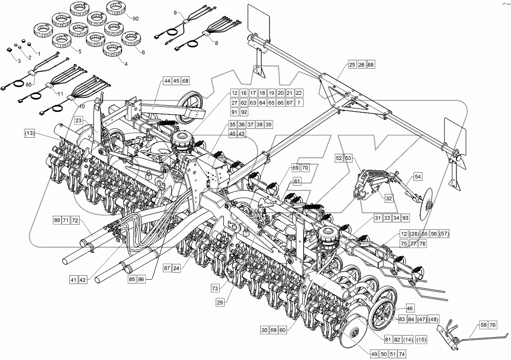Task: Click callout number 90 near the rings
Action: click(135, 18)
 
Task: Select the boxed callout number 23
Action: click(79, 119)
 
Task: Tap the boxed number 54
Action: click(418, 177)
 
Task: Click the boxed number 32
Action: click(389, 198)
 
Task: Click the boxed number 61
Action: click(297, 181)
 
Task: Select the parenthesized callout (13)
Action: click(30, 133)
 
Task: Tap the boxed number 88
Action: click(371, 65)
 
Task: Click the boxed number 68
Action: click(186, 81)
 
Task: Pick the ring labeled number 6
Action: click(130, 38)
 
